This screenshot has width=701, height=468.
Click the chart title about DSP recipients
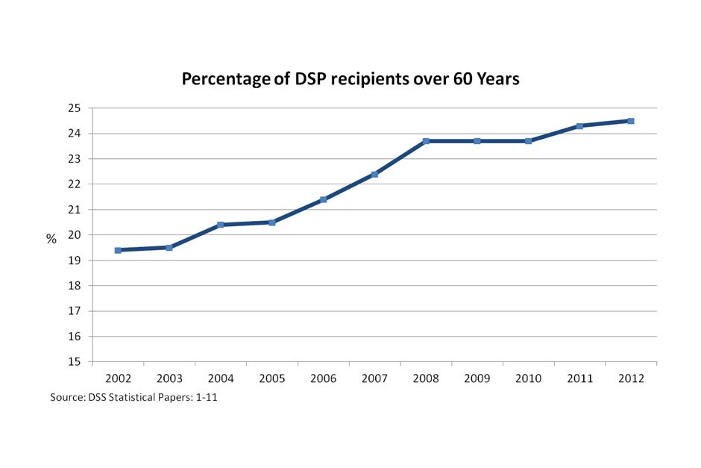pos(350,79)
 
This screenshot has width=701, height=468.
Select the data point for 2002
pos(118,250)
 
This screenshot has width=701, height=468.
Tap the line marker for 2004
pos(221,225)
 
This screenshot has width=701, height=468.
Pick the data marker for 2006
pos(323,199)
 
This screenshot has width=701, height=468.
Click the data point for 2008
pos(426,141)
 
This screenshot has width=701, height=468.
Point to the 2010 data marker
pos(528,141)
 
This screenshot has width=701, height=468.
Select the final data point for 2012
pos(631,121)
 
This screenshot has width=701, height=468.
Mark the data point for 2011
pos(579,126)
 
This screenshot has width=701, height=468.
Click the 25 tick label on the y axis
pos(74,108)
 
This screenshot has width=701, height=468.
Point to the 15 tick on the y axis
pos(74,362)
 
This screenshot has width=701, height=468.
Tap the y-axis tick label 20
pos(74,235)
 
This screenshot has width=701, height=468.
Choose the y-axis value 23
pos(74,159)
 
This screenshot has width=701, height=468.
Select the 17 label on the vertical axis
pos(74,311)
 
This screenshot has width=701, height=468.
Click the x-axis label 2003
pos(169,378)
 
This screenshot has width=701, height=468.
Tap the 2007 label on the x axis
pos(374,378)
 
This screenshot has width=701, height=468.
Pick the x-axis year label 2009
pos(477,378)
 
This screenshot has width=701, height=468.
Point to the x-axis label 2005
pos(272,378)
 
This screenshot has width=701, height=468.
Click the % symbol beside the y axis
pos(51,239)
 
